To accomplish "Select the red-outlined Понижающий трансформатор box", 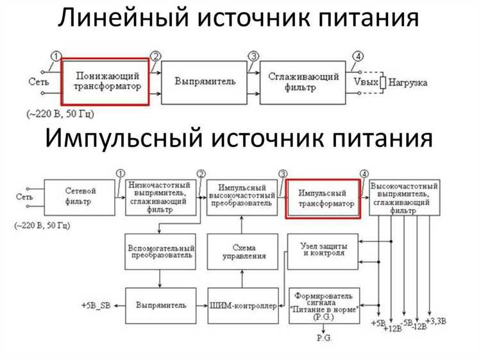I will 105,81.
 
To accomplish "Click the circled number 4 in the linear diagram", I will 357,55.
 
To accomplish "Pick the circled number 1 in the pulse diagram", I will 120,173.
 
